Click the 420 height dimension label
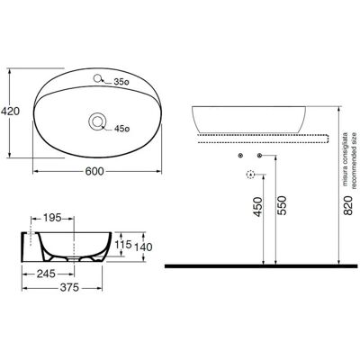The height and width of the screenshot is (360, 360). pos(10,112)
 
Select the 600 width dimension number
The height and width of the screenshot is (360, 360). pos(94,172)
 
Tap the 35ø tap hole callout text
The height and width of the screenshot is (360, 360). pos(121,82)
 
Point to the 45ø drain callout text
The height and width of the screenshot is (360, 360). pos(121,129)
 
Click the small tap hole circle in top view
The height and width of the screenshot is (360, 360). pos(97,79)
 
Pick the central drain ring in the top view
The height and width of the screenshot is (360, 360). pos(97,121)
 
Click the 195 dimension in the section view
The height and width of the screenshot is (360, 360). pos(52,218)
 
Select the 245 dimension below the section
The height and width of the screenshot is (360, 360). pos(46,274)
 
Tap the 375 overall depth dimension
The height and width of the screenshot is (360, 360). pos(69,288)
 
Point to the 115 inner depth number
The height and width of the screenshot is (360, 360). pos(123,245)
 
